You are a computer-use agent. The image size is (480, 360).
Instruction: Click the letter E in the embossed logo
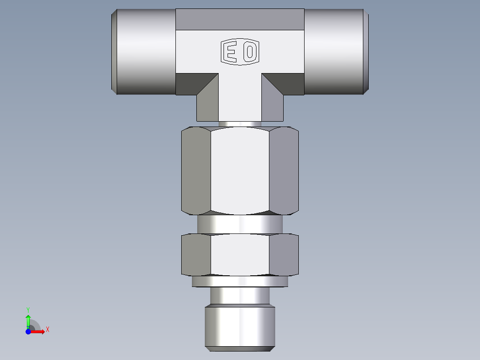[231, 52]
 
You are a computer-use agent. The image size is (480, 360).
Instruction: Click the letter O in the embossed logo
[250, 52]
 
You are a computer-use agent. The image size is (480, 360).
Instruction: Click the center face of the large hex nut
[240, 169]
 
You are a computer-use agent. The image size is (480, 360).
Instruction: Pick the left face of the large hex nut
[196, 169]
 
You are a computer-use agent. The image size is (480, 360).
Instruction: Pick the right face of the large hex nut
[284, 169]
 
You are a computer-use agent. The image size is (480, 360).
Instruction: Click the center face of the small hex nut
[240, 254]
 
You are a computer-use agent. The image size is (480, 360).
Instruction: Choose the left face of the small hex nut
[196, 254]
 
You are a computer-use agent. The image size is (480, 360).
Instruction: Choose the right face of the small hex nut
[284, 254]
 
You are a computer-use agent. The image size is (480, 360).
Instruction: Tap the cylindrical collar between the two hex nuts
[240, 224]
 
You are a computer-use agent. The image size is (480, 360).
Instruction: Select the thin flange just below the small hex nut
[240, 281]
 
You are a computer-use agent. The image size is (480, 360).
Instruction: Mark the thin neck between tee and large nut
[240, 123]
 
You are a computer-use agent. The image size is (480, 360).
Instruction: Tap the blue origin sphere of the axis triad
[28, 331]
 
